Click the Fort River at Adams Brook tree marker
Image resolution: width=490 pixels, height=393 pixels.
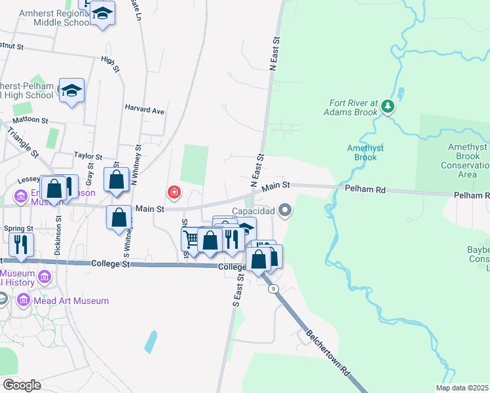tap(388, 105)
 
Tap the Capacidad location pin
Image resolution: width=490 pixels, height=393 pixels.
tap(285, 210)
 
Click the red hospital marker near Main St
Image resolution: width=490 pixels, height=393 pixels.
tap(174, 192)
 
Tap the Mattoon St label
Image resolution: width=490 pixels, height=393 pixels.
tap(31, 121)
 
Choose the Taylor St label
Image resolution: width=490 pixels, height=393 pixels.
tap(88, 157)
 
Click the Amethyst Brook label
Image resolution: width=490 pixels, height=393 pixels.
tap(362, 153)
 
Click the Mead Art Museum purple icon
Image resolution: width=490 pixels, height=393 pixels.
tap(24, 301)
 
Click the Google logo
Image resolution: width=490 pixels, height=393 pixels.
tap(22, 385)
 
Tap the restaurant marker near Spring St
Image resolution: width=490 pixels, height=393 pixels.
tap(21, 244)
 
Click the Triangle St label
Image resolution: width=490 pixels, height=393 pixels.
tap(24, 140)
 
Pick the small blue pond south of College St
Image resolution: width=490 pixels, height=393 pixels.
tap(151, 341)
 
